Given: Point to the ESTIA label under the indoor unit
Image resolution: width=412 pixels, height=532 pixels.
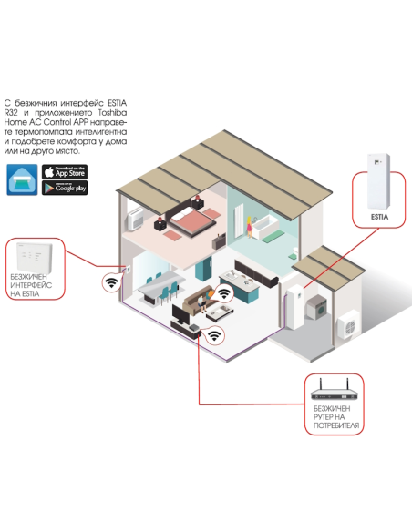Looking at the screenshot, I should point(381,219).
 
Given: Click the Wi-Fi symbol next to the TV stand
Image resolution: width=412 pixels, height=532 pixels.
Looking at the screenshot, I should point(214,336).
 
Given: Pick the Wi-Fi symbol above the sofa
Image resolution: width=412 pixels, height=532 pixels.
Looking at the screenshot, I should point(222,294).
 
